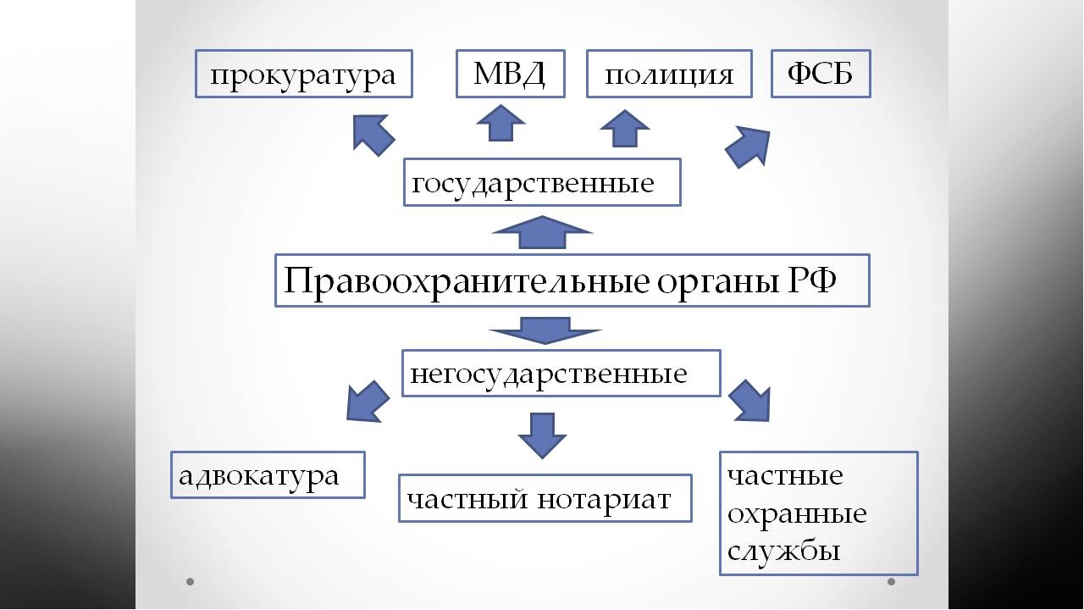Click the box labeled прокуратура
click(304, 74)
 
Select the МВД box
click(511, 74)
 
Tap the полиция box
click(669, 74)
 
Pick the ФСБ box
click(821, 74)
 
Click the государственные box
click(543, 182)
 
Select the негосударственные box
click(561, 374)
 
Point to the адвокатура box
click(268, 475)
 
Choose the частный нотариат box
click(545, 498)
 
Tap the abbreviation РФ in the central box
click(811, 280)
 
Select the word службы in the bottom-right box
click(783, 551)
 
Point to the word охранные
click(797, 514)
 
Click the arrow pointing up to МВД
click(501, 124)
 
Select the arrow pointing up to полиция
click(624, 129)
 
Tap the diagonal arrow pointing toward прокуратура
click(373, 134)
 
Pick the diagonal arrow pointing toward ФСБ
click(748, 147)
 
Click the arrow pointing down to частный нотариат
click(542, 435)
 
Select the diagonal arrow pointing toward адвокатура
click(368, 402)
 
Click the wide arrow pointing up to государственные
click(542, 232)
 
